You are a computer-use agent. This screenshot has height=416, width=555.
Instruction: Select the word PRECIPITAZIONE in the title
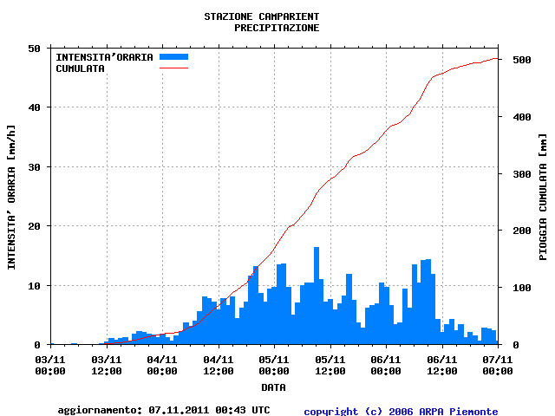277,28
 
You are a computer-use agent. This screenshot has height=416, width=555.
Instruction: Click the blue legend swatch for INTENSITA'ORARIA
173,57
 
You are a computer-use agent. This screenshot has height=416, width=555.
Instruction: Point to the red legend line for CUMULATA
173,68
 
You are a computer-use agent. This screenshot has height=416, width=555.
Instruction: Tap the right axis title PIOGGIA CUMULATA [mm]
543,197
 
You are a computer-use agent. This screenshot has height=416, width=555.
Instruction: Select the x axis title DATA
273,387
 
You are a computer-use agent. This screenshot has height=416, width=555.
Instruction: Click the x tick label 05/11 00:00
273,364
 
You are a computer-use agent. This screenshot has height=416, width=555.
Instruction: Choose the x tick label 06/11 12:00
441,364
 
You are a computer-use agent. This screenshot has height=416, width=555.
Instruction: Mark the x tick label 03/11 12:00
106,364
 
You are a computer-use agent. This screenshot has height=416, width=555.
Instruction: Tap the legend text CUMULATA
80,68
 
